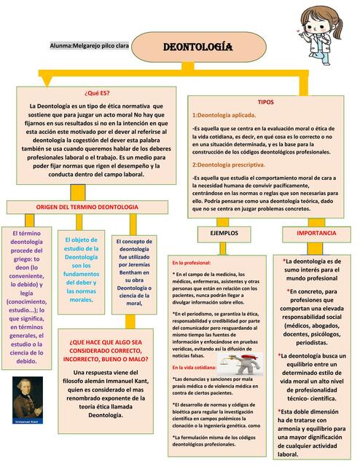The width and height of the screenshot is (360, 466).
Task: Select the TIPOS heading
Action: click(265, 103)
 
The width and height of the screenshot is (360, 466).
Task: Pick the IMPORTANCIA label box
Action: click(316, 233)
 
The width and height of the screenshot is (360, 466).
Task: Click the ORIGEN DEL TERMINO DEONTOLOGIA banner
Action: click(82, 208)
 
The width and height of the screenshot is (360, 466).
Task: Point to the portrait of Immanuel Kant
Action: click(28, 400)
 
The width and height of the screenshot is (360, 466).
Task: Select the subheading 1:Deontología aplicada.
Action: click(224, 115)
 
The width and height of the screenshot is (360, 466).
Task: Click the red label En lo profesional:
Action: click(192, 262)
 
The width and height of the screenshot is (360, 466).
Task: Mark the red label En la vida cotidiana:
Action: click(195, 368)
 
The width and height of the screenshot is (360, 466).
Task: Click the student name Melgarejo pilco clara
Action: click(90, 46)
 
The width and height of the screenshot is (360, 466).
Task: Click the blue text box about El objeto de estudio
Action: click(81, 269)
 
